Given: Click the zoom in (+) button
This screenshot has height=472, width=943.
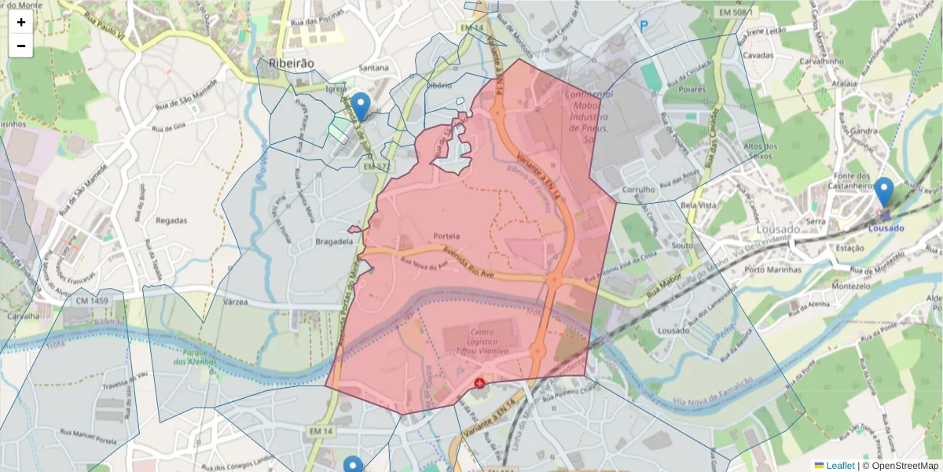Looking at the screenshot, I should (21, 22).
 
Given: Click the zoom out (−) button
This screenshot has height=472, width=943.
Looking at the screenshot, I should (21, 46).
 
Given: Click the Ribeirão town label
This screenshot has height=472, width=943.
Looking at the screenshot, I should (291, 63).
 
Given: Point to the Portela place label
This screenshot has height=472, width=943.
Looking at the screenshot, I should (446, 236).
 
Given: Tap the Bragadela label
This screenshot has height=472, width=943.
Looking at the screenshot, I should (334, 242).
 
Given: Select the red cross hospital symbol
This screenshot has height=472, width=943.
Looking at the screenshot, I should (479, 382).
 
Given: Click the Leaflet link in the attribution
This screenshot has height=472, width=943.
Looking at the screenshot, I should (839, 466).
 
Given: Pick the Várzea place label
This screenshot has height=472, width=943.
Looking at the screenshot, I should (236, 302).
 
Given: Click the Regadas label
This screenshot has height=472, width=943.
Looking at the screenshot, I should (171, 221).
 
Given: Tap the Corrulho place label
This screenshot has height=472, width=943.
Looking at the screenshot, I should (638, 190).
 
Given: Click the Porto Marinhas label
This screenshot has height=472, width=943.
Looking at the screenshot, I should (772, 269).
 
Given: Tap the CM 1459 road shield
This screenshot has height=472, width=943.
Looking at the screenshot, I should (93, 301).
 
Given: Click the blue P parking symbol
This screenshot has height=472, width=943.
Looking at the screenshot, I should (644, 26).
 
